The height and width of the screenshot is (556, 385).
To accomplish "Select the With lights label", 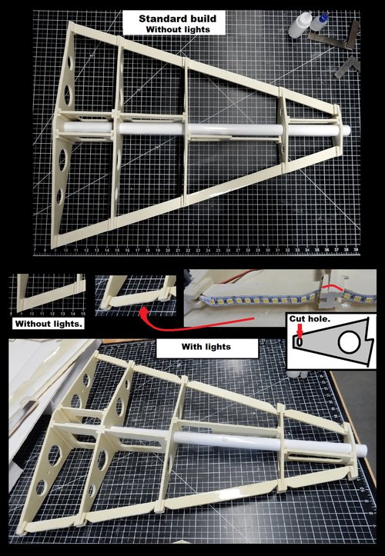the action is pyautogui.click(x=206, y=346).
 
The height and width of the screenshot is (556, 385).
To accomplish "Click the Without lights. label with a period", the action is pyautogui.click(x=49, y=324).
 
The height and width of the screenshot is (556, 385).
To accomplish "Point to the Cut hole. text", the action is pyautogui.click(x=310, y=319).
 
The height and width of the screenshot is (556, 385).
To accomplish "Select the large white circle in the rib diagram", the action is pyautogui.click(x=349, y=343).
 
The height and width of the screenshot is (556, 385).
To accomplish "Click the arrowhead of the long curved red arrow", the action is pyautogui.click(x=144, y=312).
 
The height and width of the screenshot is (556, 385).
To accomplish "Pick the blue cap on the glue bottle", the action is pyautogui.click(x=324, y=17).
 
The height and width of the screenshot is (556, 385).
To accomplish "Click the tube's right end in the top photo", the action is pyautogui.click(x=347, y=130).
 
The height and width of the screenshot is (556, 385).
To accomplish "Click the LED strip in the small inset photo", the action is pyautogui.click(x=284, y=301).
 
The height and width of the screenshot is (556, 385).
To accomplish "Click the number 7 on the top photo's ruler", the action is pyautogui.click(x=35, y=251).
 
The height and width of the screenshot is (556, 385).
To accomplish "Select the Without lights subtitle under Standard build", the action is pyautogui.click(x=178, y=29).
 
